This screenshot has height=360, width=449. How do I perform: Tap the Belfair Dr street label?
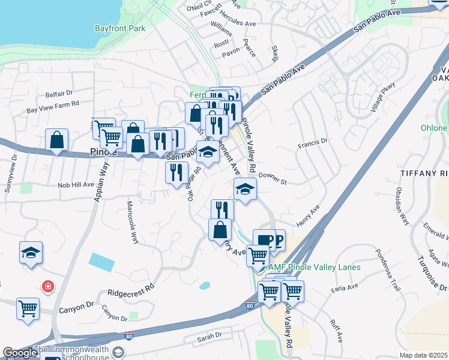click(59, 94)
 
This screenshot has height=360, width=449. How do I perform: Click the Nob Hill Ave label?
click(76, 185)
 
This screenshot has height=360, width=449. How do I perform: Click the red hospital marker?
click(47, 287)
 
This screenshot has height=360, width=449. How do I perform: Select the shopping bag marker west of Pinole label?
click(56, 141)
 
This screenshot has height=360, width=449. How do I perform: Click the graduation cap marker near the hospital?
click(31, 253)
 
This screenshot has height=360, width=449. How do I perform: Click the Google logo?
click(20, 353)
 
